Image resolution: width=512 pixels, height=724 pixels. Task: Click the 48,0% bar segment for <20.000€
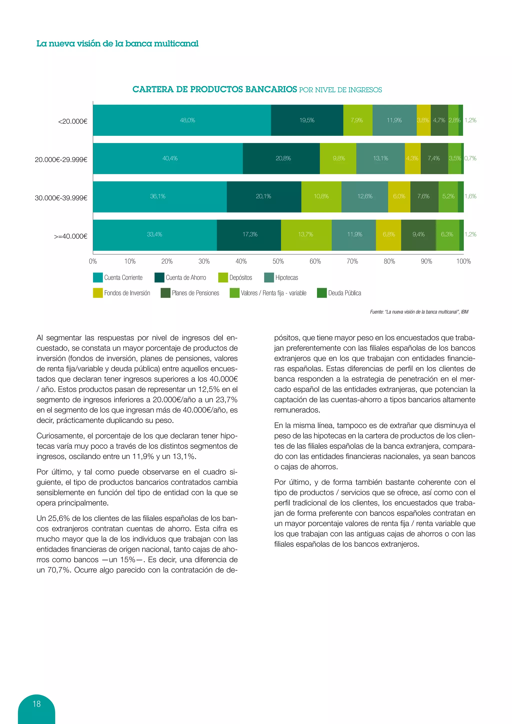182,120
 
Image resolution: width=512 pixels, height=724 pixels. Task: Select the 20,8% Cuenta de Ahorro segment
281,158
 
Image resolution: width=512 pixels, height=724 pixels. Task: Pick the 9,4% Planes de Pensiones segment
418,234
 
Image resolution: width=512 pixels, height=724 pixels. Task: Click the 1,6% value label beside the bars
470,196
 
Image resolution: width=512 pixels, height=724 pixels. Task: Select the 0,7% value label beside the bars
470,158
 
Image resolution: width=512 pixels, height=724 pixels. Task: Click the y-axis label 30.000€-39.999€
61,198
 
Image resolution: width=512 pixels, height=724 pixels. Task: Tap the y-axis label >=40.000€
70,236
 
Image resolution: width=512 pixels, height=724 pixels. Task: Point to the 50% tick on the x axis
278,261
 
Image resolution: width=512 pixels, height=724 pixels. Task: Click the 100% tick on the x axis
463,261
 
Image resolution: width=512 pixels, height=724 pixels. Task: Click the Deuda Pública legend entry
344,293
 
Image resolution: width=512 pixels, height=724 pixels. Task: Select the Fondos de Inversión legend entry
127,293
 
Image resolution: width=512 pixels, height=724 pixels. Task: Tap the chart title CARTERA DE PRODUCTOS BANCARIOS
215,89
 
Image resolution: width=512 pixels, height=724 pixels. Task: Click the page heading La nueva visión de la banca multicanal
117,43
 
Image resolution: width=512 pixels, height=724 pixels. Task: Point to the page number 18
36,704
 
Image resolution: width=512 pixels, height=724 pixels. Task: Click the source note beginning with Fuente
419,312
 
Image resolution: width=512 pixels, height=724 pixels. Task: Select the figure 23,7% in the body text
226,400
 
